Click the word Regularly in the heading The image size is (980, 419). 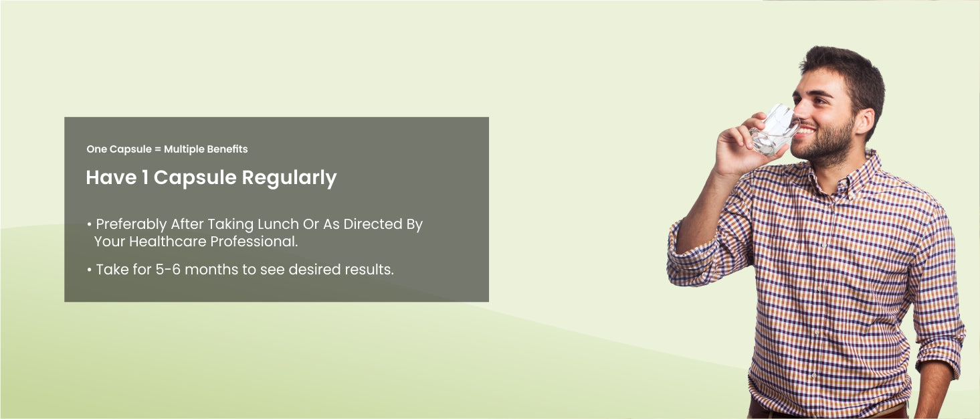[x=289, y=178]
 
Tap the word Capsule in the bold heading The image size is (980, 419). [x=195, y=178]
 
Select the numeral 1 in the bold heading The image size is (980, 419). [x=144, y=177]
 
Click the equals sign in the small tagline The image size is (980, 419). [x=157, y=149]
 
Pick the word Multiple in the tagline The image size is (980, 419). [x=184, y=149]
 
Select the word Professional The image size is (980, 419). [x=254, y=241]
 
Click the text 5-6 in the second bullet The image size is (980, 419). [x=168, y=269]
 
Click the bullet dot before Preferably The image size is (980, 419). [x=89, y=225]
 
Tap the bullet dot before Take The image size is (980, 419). [x=89, y=270]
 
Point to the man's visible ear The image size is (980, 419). [x=864, y=121]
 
